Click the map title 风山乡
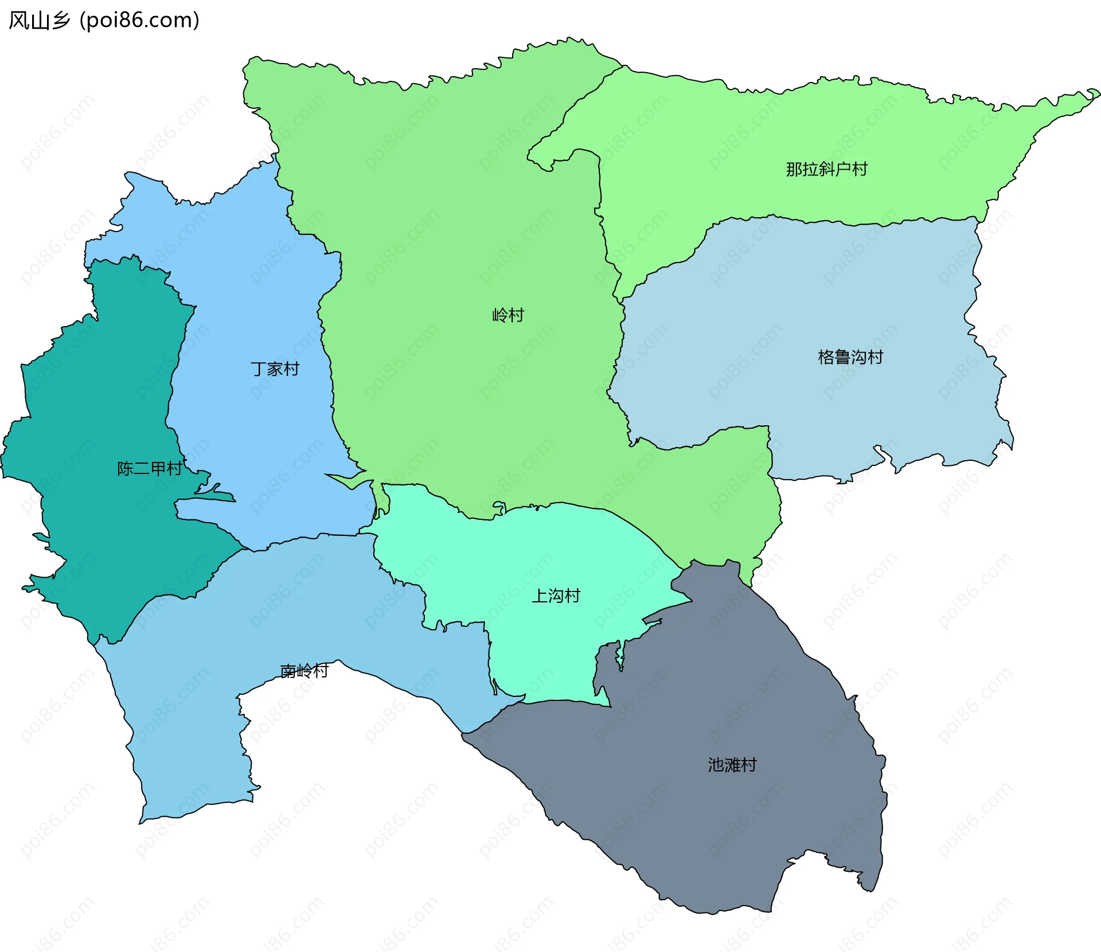pos(39,20)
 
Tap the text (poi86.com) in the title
pos(139,20)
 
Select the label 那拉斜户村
pos(826,169)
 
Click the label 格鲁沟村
pos(850,357)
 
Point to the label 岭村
pos(508,315)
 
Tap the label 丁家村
pos(275,369)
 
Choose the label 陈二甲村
pos(150,468)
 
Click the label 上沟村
pos(556,596)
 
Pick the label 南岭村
pos(304,670)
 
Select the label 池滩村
pos(732,765)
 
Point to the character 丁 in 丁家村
pos(259,369)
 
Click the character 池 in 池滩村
pos(716,765)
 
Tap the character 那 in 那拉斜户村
pos(794,169)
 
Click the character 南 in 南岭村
pos(288,670)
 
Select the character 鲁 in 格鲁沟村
pos(842,357)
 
